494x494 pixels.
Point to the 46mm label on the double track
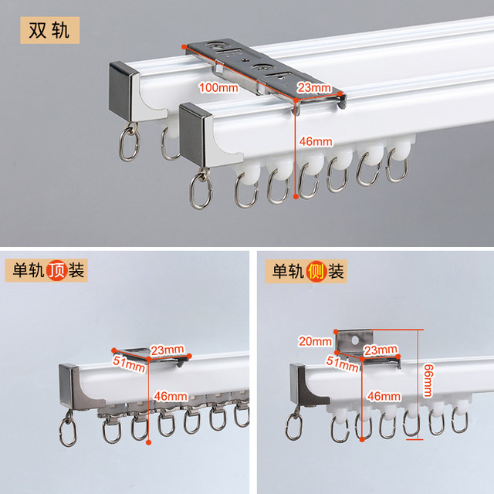(x=316, y=141)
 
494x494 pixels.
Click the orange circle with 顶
(x=56, y=271)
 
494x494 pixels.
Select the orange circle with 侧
(x=315, y=271)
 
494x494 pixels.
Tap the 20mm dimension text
(x=316, y=340)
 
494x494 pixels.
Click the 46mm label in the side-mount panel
(x=383, y=396)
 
